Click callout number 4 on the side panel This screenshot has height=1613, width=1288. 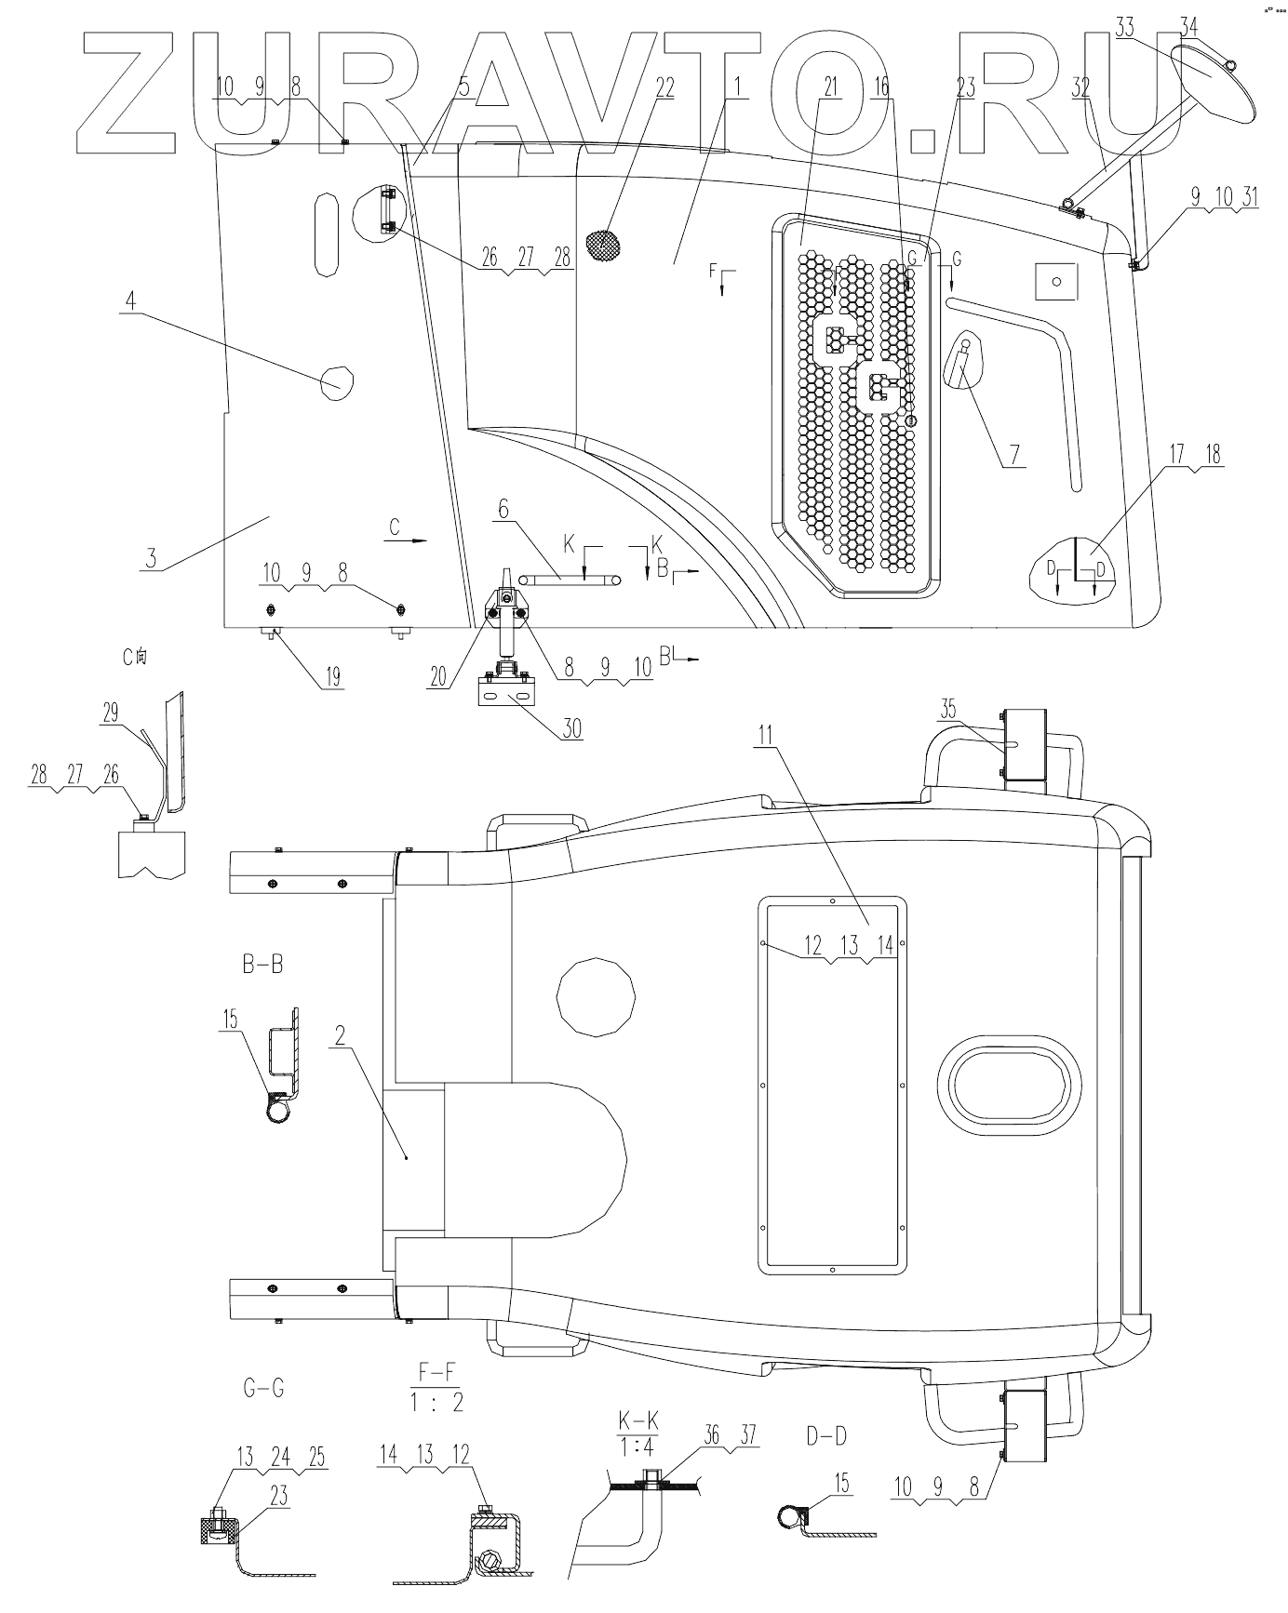[x=131, y=300]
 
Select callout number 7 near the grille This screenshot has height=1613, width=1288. [x=1013, y=454]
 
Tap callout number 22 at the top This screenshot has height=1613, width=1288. [x=664, y=87]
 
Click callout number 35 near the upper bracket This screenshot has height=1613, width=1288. [x=947, y=709]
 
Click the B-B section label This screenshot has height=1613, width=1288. [x=262, y=965]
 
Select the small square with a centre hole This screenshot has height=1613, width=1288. [x=1054, y=279]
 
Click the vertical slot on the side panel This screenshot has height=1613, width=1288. [x=325, y=233]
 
